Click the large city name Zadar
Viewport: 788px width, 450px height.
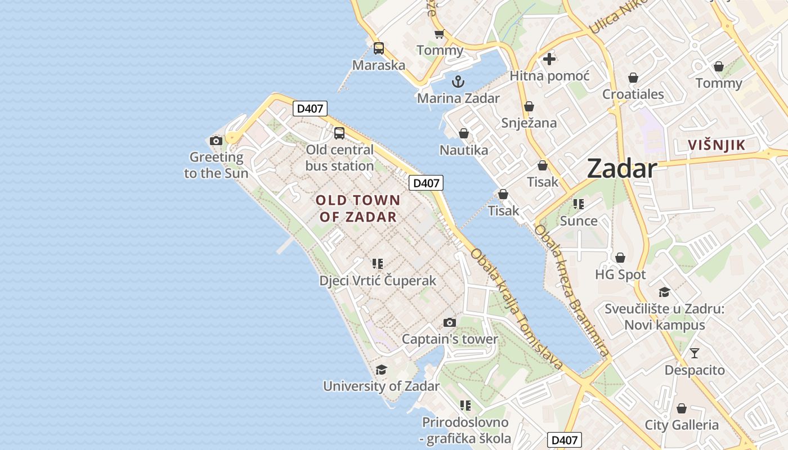pyautogui.click(x=621, y=169)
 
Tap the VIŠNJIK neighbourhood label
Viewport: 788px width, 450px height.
pyautogui.click(x=716, y=145)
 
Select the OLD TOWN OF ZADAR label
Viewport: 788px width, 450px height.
pyautogui.click(x=358, y=208)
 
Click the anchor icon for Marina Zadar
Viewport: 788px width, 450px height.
pyautogui.click(x=458, y=82)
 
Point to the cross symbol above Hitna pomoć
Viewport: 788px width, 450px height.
pyautogui.click(x=549, y=58)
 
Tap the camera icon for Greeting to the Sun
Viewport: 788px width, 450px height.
pyautogui.click(x=216, y=141)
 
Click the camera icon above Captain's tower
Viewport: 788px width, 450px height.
pyautogui.click(x=449, y=322)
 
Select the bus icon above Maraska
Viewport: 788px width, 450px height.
pyautogui.click(x=379, y=48)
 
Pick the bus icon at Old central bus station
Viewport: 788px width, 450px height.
pyautogui.click(x=339, y=133)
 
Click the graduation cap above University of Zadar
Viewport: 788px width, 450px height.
pyautogui.click(x=381, y=370)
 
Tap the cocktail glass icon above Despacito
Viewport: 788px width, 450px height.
pyautogui.click(x=695, y=353)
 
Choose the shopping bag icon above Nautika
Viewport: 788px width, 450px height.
pyautogui.click(x=464, y=133)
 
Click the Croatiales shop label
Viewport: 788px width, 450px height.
pyautogui.click(x=633, y=94)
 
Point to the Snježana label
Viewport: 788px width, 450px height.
pyautogui.click(x=529, y=123)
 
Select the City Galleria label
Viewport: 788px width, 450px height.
pyautogui.click(x=682, y=425)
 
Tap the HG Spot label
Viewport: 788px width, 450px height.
pyautogui.click(x=620, y=274)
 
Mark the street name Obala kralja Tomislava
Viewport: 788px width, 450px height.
pyautogui.click(x=517, y=309)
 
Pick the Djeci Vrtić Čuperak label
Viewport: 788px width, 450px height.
pyautogui.click(x=378, y=280)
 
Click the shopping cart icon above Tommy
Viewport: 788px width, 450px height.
pyautogui.click(x=439, y=34)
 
